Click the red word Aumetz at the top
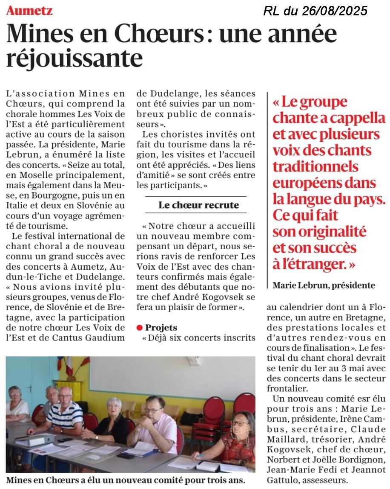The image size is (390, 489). coord(29,10)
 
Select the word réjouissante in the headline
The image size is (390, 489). coord(74,58)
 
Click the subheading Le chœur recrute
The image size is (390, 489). coord(199,205)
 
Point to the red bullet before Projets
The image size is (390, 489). coord(139,328)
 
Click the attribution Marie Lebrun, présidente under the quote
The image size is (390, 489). coord(324,285)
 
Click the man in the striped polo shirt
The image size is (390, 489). coord(66,412)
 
